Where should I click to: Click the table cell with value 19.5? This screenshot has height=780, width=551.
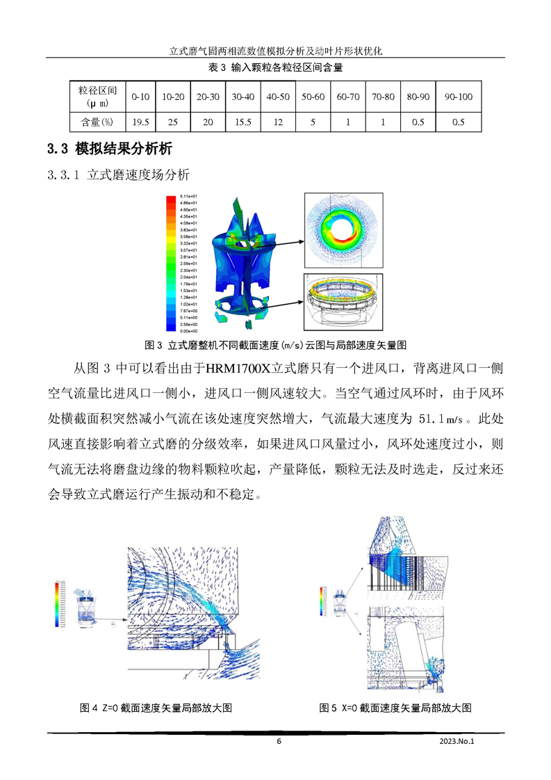(140, 122)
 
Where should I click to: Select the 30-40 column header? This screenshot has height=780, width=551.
(242, 97)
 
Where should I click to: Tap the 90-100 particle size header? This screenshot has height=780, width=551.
(458, 97)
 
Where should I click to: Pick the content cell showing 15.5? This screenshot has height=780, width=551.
(242, 122)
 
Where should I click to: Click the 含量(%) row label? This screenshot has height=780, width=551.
(97, 122)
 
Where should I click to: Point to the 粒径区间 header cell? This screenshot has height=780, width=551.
(97, 97)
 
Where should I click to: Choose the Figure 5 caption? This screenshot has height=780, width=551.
(395, 708)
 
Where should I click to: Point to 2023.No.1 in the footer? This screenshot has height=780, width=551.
(460, 741)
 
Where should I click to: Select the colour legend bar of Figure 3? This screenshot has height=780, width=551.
(171, 263)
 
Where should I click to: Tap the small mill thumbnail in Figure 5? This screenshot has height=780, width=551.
(341, 601)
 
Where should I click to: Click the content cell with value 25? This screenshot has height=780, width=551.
(173, 122)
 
